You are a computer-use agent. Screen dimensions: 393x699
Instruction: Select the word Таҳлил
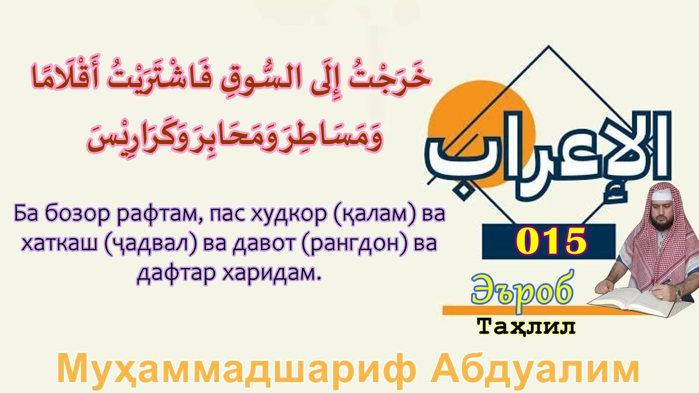(526, 326)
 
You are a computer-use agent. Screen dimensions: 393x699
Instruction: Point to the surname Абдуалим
(534, 369)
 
